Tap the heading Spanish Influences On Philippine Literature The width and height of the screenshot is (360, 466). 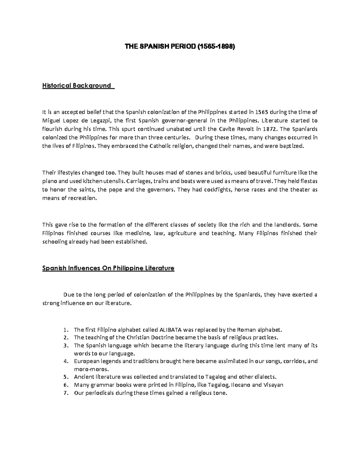(x=108, y=268)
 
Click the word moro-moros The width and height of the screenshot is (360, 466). (x=87, y=369)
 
